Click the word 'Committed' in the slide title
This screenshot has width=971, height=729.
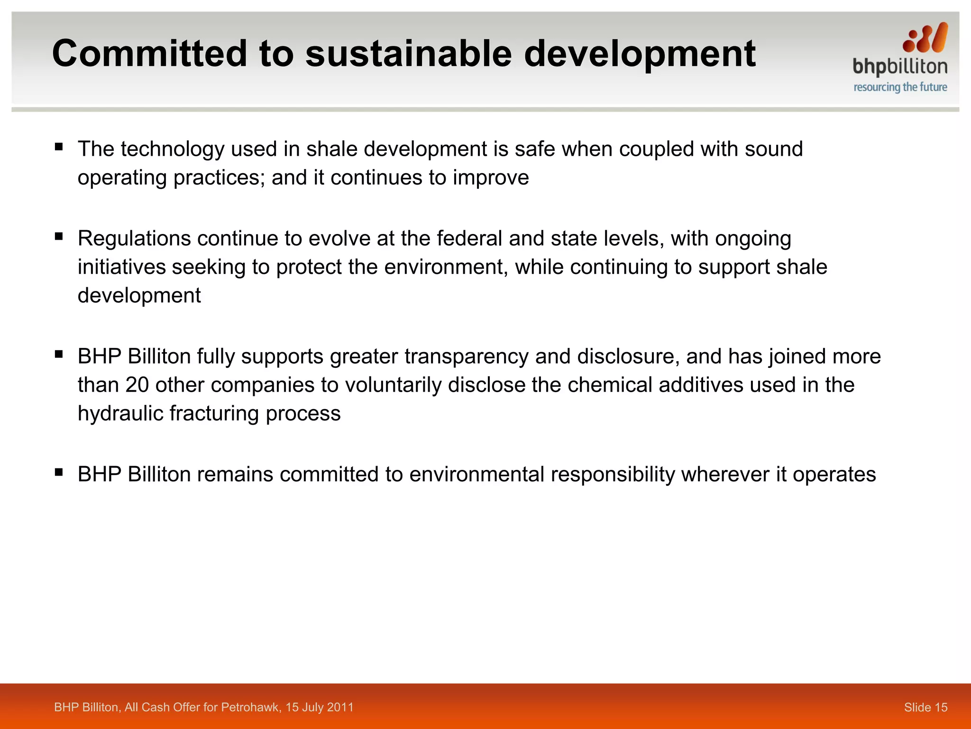(x=149, y=53)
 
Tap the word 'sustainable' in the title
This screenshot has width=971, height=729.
(x=408, y=53)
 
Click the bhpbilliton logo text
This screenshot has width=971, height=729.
(x=899, y=67)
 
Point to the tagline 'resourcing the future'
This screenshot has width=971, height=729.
(x=900, y=87)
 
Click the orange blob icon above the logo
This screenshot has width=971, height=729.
(x=925, y=38)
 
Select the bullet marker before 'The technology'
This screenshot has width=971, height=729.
(x=59, y=147)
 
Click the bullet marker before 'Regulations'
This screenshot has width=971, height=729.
(x=59, y=236)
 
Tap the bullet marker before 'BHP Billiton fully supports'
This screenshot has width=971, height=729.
(x=59, y=354)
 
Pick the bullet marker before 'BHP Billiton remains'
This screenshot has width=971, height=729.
(x=59, y=472)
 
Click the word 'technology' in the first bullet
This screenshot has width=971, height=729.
(x=173, y=149)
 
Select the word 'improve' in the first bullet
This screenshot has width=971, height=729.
(x=491, y=178)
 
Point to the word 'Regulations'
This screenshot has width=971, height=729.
(x=134, y=239)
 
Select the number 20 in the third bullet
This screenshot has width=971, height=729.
(x=137, y=385)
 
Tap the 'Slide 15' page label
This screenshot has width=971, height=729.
(x=925, y=707)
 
